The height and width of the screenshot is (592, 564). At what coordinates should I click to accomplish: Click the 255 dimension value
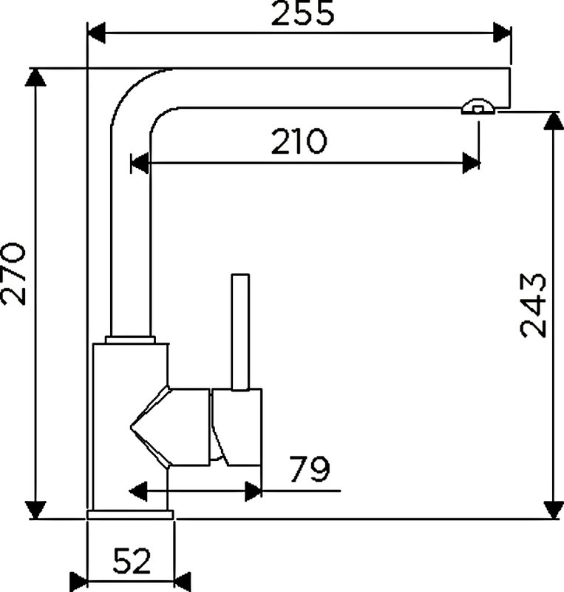[302, 13]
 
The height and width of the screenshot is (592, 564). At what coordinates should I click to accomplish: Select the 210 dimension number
[299, 141]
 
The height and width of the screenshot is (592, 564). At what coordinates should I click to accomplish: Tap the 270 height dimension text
[13, 274]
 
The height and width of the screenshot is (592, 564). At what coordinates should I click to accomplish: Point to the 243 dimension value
[533, 306]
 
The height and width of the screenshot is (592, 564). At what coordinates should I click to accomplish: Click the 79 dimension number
[310, 469]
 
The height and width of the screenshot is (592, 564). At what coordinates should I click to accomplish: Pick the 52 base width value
[132, 561]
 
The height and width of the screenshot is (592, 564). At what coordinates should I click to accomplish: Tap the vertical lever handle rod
[240, 332]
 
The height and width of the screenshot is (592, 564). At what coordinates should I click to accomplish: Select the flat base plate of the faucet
[130, 514]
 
